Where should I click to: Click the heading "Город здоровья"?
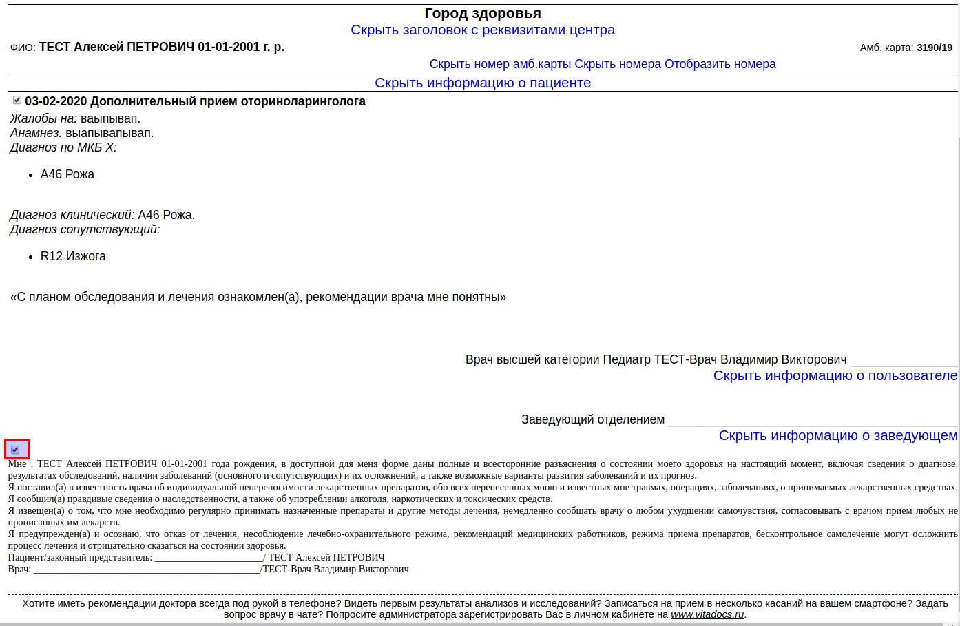click(482, 13)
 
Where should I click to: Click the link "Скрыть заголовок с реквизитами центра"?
click(482, 30)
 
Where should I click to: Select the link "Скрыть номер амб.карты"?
click(500, 64)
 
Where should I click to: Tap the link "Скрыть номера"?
click(618, 64)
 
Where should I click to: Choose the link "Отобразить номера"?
click(720, 64)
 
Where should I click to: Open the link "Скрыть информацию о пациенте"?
click(482, 83)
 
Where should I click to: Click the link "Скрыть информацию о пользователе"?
click(835, 375)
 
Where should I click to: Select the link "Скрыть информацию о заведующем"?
click(837, 435)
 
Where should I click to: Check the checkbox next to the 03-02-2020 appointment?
click(17, 101)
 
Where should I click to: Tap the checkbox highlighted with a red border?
click(16, 450)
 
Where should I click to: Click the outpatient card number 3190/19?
click(935, 48)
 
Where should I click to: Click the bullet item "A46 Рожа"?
click(67, 174)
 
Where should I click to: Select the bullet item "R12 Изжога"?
click(73, 256)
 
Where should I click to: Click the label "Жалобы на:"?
click(43, 118)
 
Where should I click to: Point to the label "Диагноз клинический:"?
click(72, 215)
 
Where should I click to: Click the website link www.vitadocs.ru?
click(707, 614)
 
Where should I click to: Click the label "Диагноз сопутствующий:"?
click(85, 229)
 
